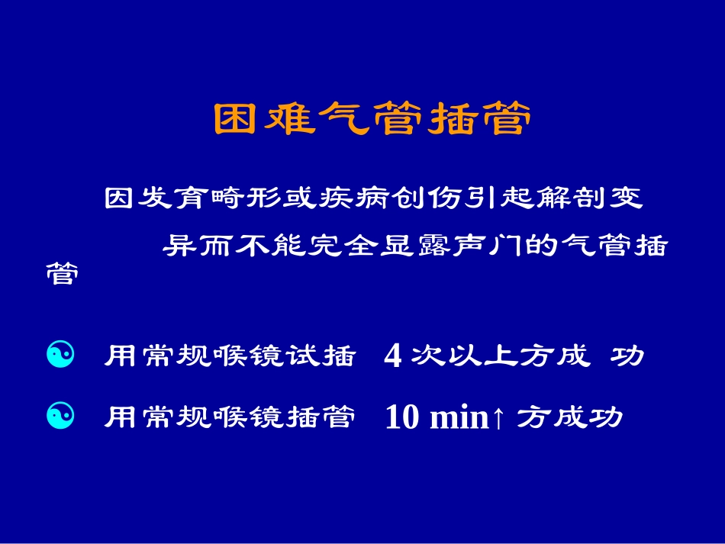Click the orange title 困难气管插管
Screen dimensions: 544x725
coord(369,120)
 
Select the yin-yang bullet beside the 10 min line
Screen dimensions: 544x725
coord(61,416)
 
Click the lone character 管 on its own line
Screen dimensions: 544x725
coord(62,273)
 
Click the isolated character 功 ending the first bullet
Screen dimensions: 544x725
coord(630,356)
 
